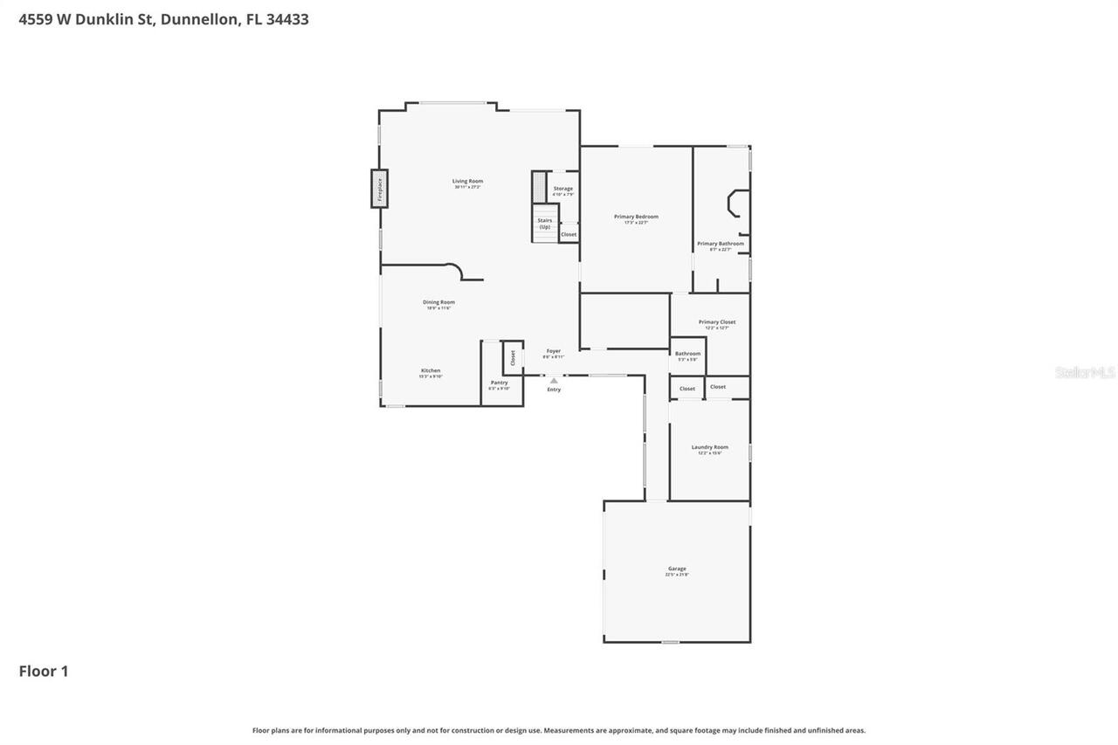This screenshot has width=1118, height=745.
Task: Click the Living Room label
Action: tap(467, 182)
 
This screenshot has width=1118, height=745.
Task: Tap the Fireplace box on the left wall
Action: tap(379, 189)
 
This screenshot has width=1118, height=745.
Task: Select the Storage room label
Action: tap(563, 190)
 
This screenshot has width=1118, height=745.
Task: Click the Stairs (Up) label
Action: tap(544, 223)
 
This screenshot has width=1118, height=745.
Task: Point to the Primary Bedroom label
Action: tap(636, 217)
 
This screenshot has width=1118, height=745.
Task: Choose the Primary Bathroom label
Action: tap(720, 245)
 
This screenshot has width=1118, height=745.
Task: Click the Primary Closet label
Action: tap(716, 323)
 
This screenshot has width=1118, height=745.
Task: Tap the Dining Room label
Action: tap(438, 303)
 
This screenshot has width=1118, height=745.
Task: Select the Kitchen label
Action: tap(431, 371)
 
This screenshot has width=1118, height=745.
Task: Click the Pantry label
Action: tap(499, 383)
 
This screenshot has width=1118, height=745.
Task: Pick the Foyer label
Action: tap(554, 352)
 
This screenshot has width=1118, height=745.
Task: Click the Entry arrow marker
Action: tap(554, 381)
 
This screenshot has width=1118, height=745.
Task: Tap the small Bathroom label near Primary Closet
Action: tap(687, 355)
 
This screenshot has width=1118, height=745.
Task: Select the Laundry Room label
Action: tap(709, 448)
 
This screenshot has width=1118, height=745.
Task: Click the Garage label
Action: tap(677, 569)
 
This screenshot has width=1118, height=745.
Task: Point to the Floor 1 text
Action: tap(44, 671)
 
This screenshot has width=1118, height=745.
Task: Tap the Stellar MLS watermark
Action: tap(1085, 372)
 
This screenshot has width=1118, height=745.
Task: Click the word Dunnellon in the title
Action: tap(199, 19)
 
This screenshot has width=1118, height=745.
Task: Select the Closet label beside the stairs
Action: tap(569, 234)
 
